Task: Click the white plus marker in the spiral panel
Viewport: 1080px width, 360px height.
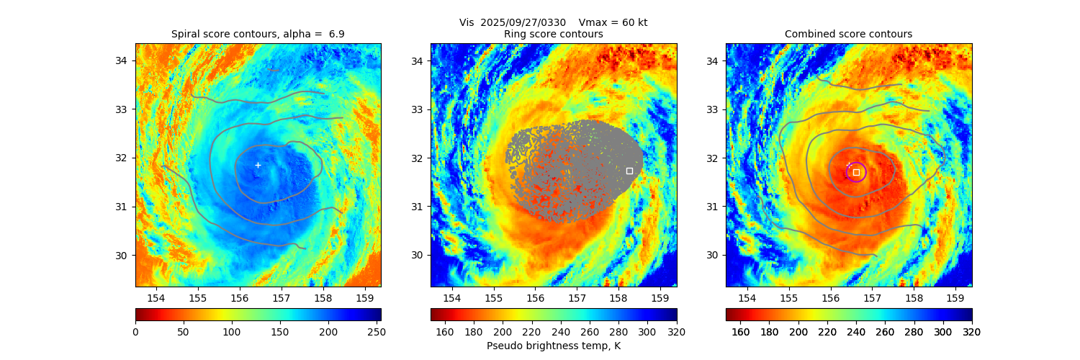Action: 258,165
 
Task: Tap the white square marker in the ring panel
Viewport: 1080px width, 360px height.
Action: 629,171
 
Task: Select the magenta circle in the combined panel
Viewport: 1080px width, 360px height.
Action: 856,172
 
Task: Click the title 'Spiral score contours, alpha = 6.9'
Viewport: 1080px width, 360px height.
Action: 258,34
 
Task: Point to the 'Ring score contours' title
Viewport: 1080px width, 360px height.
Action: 554,34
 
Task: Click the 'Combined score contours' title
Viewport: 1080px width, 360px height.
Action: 848,34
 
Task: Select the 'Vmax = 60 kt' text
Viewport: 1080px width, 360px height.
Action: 613,22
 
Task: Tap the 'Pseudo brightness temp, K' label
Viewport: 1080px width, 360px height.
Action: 554,346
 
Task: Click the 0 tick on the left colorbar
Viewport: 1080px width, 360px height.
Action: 135,331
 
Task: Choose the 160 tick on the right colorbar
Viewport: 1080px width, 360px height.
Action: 741,331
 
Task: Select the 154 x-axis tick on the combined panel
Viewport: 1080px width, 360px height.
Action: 747,297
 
